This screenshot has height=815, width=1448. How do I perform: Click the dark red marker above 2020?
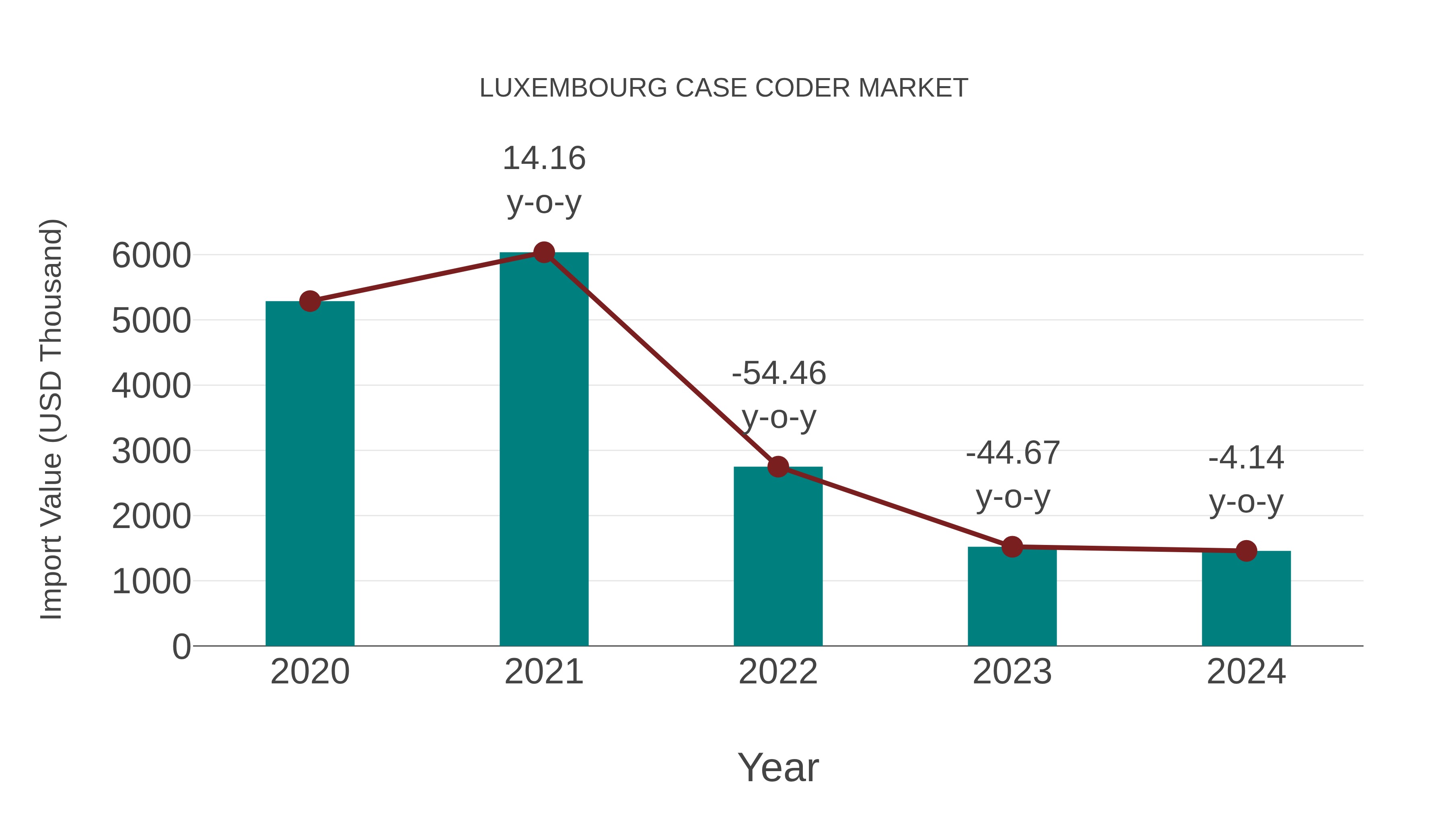click(310, 301)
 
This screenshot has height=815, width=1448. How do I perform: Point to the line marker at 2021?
click(543, 252)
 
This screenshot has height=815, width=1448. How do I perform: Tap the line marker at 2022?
click(778, 466)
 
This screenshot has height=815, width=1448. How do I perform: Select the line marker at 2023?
click(1012, 546)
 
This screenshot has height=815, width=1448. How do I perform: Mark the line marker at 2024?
click(1246, 551)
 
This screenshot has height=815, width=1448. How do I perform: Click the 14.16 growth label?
click(543, 159)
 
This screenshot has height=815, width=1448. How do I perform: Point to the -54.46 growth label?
click(779, 373)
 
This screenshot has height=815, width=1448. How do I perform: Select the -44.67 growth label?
click(1012, 453)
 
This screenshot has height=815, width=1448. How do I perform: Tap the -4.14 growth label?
click(1246, 458)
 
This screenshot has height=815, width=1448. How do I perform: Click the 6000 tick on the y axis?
click(151, 256)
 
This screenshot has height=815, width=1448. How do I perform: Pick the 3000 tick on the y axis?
click(151, 451)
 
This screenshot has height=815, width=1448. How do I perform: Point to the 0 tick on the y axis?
click(181, 647)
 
